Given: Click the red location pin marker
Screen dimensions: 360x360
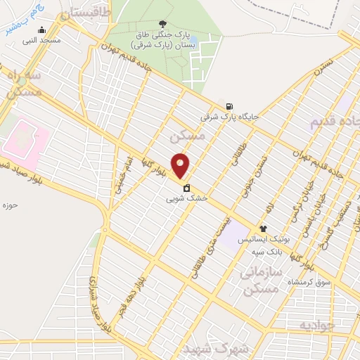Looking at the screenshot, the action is point(181,166).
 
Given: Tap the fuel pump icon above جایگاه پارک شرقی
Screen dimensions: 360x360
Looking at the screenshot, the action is point(229,107).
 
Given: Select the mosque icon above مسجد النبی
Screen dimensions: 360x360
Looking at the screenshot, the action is point(42,30).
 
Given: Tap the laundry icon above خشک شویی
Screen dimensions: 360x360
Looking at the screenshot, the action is point(186,188).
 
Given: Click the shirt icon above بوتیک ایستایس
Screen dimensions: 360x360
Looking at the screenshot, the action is point(263,229).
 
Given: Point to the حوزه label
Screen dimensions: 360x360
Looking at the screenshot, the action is point(9,205).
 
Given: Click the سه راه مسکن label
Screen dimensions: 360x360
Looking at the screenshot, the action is point(22,83).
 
